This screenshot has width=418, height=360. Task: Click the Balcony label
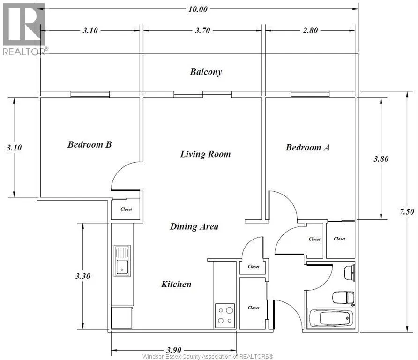pyautogui.click(x=206, y=72)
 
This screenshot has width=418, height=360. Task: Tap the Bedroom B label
pyautogui.click(x=90, y=144)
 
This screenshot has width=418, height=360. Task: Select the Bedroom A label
pyautogui.click(x=308, y=148)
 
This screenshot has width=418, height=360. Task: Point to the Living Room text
pyautogui.click(x=205, y=154)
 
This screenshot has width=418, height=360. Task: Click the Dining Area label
pyautogui.click(x=194, y=227)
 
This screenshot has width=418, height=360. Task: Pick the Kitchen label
pyautogui.click(x=176, y=284)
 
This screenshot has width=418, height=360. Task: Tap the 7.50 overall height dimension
pyautogui.click(x=406, y=212)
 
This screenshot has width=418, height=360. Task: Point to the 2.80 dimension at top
pyautogui.click(x=310, y=31)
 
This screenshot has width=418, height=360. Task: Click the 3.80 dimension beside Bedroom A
pyautogui.click(x=381, y=159)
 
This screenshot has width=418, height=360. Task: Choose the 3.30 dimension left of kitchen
pyautogui.click(x=82, y=277)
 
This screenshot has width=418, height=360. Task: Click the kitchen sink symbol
pyautogui.click(x=122, y=260)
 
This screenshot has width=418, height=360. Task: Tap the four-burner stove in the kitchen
pyautogui.click(x=224, y=315)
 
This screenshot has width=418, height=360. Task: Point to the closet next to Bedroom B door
pyautogui.click(x=126, y=209)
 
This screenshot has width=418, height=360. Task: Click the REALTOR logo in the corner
pyautogui.click(x=23, y=28)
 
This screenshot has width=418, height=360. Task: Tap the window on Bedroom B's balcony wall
pyautogui.click(x=90, y=94)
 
